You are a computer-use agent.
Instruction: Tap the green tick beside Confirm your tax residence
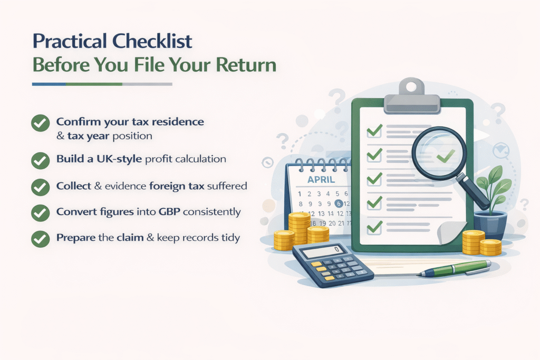[40, 123]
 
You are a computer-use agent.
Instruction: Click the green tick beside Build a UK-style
[40, 160]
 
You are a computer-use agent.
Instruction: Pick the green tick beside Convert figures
[40, 213]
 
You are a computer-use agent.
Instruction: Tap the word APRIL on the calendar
[321, 180]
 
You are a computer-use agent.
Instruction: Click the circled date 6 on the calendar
[339, 203]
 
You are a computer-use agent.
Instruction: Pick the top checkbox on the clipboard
[374, 130]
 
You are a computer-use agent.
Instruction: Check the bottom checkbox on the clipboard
[374, 228]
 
